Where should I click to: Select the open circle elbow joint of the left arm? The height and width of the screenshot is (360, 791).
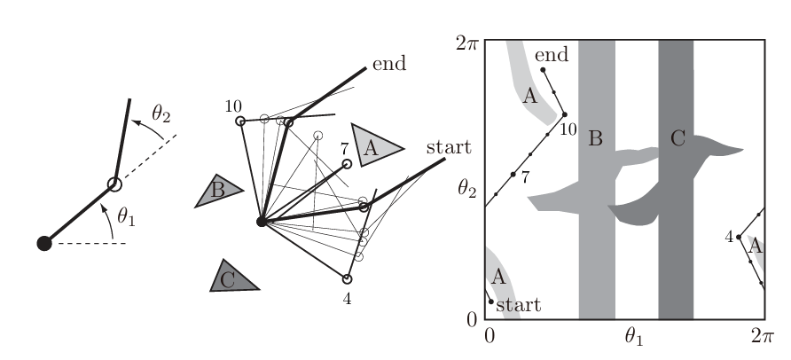click(114, 184)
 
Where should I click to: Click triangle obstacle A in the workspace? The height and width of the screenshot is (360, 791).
click(373, 145)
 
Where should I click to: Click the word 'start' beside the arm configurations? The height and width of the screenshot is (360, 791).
click(450, 146)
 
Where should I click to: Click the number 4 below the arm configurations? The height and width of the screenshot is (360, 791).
click(348, 299)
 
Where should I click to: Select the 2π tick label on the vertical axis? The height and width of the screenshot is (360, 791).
click(466, 42)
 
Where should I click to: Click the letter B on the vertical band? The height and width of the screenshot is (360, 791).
click(595, 139)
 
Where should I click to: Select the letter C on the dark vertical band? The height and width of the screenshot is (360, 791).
click(677, 138)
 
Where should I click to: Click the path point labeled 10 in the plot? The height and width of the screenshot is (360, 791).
click(564, 114)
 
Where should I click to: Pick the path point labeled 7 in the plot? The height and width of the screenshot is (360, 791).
click(513, 174)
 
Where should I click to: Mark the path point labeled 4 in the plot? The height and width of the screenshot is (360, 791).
click(739, 237)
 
